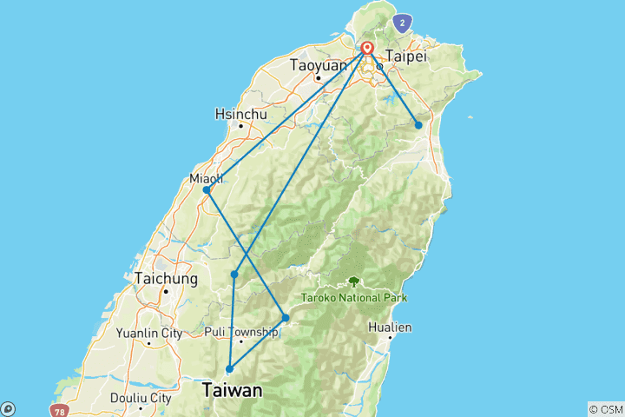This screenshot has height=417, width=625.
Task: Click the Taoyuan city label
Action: click(x=319, y=65)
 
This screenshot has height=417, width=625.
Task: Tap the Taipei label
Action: click(x=407, y=55)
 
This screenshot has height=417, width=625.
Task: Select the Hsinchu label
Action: click(x=240, y=114)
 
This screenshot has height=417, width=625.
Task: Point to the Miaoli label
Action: click(x=206, y=178)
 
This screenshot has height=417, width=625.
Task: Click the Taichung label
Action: click(x=166, y=279)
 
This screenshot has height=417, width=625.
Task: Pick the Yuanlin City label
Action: click(x=149, y=332)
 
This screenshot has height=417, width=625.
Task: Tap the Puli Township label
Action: click(x=241, y=331)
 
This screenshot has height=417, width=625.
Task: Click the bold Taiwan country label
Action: click(x=232, y=391)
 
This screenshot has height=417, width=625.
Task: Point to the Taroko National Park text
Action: click(x=354, y=297)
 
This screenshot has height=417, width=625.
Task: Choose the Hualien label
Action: click(x=390, y=328)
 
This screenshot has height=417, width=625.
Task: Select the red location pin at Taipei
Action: click(x=367, y=49)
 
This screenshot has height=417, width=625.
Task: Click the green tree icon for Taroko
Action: click(x=353, y=281)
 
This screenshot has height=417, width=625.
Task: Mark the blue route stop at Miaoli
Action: click(x=206, y=189)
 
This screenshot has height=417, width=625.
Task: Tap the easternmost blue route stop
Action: click(x=418, y=125)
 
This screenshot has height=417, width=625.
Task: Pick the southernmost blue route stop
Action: click(x=229, y=369)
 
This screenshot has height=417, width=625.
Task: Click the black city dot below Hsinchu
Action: click(x=240, y=126)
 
